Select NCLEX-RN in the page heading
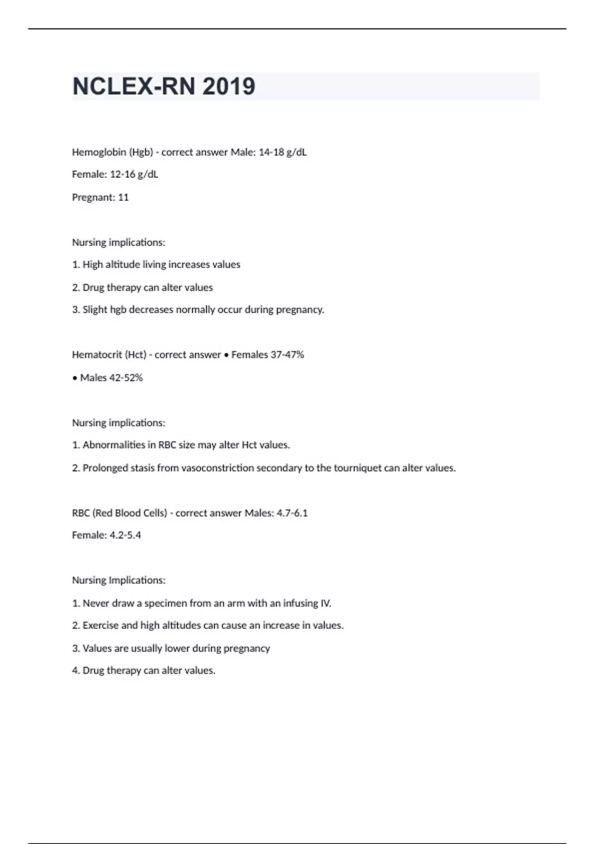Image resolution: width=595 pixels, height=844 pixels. coord(134,86)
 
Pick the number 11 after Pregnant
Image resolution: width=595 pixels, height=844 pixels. coord(123,197)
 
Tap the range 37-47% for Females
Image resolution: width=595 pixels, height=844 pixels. coord(287,354)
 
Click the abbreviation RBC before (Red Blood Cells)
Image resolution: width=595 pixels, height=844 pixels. coord(81,513)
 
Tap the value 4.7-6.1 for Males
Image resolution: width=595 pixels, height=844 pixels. coord(292,513)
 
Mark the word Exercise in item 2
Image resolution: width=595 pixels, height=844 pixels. coord(101,625)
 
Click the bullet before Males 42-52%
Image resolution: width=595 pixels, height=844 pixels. coord(75,378)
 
